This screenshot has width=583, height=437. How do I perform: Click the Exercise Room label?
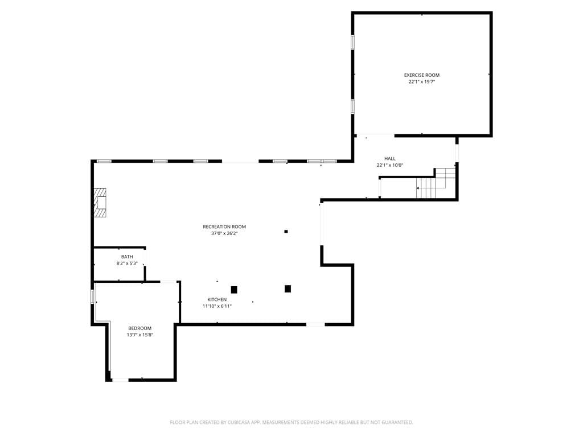[x=422, y=75]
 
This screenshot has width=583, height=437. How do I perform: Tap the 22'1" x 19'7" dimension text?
[x=422, y=82]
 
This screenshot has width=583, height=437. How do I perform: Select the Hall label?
[x=389, y=159]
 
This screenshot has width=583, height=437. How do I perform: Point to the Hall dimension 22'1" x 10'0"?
[x=389, y=166]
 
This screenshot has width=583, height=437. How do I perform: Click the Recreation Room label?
[x=224, y=226]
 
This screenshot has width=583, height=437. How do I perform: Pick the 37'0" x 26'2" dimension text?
[x=224, y=233]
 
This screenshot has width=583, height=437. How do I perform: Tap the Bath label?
[x=127, y=257]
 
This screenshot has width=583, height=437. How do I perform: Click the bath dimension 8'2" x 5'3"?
[x=127, y=263]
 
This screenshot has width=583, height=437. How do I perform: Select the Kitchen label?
[x=217, y=299]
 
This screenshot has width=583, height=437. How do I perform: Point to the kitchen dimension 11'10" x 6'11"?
[x=217, y=306]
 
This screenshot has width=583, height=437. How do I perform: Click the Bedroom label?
[x=140, y=328]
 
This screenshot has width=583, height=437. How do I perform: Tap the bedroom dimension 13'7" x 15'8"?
[x=140, y=335]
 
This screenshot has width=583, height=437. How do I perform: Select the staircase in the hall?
[x=436, y=184]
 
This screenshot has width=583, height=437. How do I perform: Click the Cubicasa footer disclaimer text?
[x=291, y=422]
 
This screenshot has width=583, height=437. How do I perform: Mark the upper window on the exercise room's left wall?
[x=352, y=42]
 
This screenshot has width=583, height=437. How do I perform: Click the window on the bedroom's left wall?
[x=92, y=296]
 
